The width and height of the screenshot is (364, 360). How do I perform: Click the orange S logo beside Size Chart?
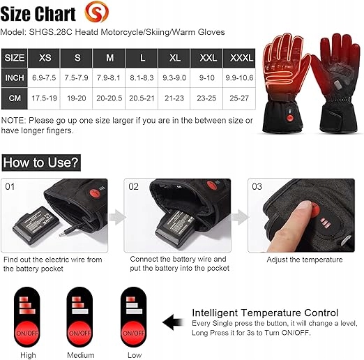point(96,12)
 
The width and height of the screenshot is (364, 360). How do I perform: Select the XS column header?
point(44,58)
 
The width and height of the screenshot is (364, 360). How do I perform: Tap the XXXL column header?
point(239,58)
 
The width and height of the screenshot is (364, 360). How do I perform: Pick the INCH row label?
point(15,77)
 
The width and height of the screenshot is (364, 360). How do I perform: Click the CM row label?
point(15,98)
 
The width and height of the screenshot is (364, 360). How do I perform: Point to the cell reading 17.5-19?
point(44,98)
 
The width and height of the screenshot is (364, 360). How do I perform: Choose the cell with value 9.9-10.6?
point(239,77)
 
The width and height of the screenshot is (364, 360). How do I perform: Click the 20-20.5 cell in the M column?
point(109,98)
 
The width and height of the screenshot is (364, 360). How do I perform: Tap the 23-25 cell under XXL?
point(206,98)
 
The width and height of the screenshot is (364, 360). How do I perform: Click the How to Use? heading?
point(41,163)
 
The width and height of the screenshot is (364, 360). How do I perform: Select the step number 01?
point(10,186)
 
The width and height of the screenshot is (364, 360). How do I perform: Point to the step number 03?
point(257,186)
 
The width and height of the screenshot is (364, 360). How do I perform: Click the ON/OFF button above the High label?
point(27,333)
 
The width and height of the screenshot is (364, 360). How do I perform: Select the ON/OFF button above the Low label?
point(134,333)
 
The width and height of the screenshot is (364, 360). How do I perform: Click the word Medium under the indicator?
point(81,355)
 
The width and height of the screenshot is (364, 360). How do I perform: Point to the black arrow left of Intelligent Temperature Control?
point(173,322)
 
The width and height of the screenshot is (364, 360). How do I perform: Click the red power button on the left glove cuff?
point(290,118)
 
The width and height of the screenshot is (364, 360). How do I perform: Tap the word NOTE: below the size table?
point(13,121)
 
